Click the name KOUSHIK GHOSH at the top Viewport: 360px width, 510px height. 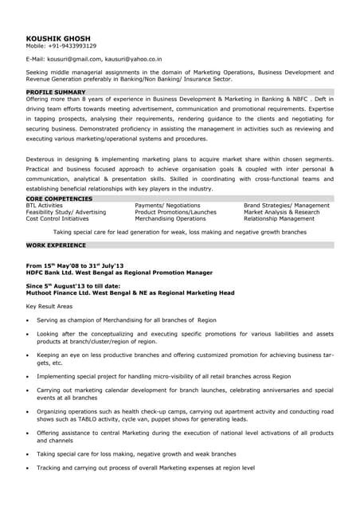click(58, 38)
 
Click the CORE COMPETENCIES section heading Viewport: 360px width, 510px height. click(59, 198)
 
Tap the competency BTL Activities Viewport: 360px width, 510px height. click(45, 206)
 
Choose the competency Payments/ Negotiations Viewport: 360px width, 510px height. click(167, 206)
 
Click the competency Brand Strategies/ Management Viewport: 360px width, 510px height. click(286, 206)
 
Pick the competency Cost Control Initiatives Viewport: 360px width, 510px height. click(59, 219)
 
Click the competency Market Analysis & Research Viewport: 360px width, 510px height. click(281, 212)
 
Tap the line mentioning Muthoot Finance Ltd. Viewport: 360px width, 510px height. click(130, 292)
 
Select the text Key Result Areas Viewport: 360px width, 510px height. click(49, 306)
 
